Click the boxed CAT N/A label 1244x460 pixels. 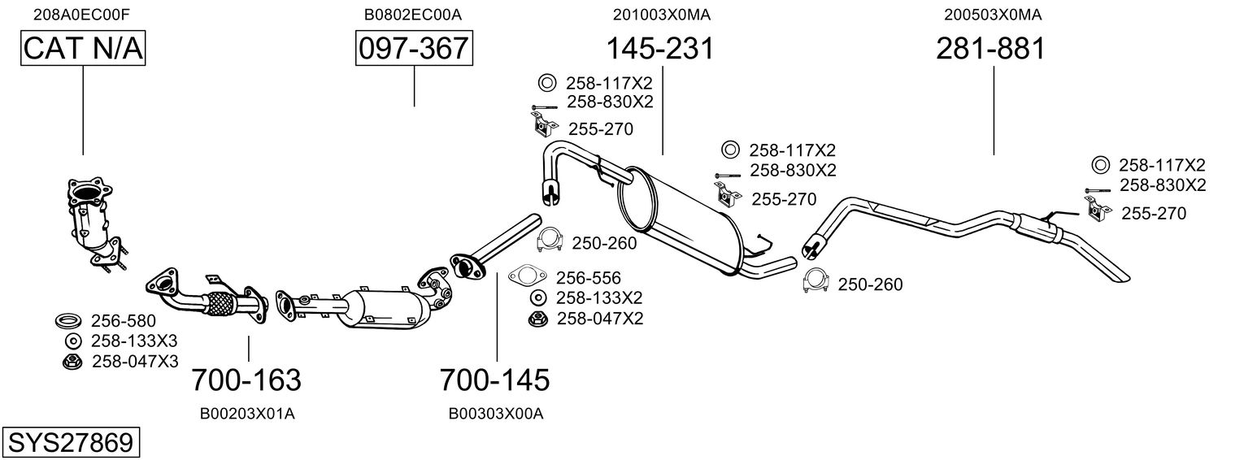click(82, 49)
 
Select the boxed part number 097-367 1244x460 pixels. click(414, 49)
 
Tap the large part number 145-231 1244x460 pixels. click(659, 49)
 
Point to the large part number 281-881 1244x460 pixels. click(990, 49)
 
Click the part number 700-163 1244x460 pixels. click(246, 380)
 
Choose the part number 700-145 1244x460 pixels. click(494, 380)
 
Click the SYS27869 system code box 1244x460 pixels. click(70, 443)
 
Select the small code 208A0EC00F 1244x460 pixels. click(81, 14)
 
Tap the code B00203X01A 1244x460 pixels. click(247, 414)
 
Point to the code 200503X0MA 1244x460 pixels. click(993, 14)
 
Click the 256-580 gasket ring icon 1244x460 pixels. click(67, 320)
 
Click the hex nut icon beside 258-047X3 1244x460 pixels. click(71, 361)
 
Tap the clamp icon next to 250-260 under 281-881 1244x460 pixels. click(815, 280)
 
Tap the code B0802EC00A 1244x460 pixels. click(413, 14)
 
